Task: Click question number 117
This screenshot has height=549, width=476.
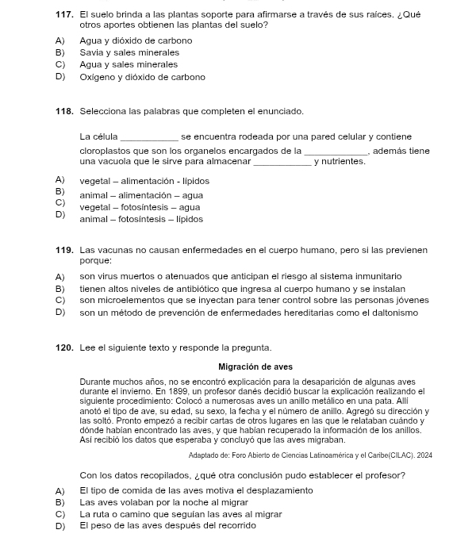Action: point(64,15)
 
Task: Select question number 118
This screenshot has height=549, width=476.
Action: point(64,111)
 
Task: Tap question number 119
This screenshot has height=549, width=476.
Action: point(64,251)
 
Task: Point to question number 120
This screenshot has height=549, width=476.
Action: point(64,347)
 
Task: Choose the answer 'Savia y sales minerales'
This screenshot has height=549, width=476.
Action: point(129,52)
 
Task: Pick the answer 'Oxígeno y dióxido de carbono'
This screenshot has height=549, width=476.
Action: point(142,77)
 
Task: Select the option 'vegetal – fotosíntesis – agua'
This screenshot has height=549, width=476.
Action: point(140,207)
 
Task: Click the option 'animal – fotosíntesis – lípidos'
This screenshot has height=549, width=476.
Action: point(141,219)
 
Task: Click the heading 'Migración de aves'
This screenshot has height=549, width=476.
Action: point(255,367)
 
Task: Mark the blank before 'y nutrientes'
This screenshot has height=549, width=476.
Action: point(282,163)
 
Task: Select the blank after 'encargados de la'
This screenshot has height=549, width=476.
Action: point(336,152)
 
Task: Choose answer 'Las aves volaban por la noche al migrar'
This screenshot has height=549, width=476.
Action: point(163,502)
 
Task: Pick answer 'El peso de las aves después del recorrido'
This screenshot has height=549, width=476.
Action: point(167,526)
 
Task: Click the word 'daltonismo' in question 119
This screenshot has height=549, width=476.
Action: point(391,313)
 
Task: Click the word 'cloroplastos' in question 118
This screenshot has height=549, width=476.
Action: point(104,151)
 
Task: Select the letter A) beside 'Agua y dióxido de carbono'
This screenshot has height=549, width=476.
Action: point(59,40)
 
